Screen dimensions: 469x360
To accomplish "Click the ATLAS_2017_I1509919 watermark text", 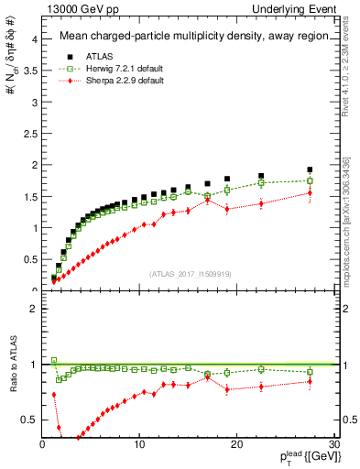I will click(189, 273).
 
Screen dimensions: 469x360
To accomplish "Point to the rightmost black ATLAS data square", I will click(310, 169).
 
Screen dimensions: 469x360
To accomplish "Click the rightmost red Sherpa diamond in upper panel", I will click(310, 192).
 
